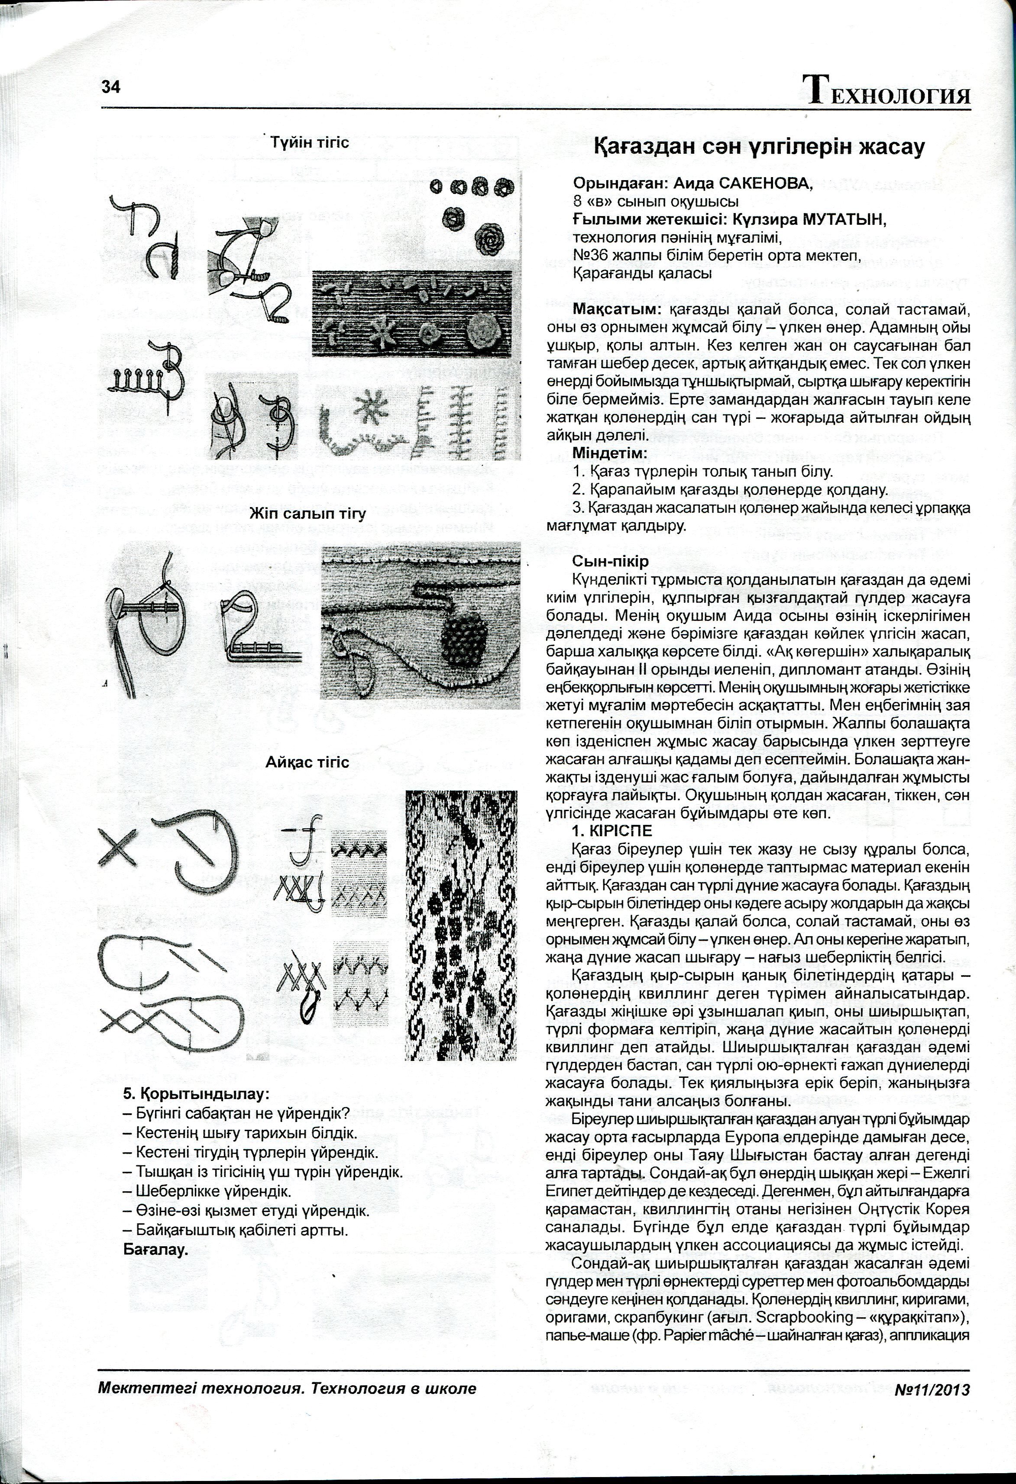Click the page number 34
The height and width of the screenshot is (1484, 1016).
pos(110,87)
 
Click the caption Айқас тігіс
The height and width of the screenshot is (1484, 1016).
pos(308,763)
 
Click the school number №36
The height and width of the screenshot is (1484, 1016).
pos(591,256)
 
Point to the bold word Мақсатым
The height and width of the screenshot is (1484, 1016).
pos(612,310)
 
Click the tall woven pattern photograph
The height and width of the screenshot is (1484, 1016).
pos(462,926)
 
